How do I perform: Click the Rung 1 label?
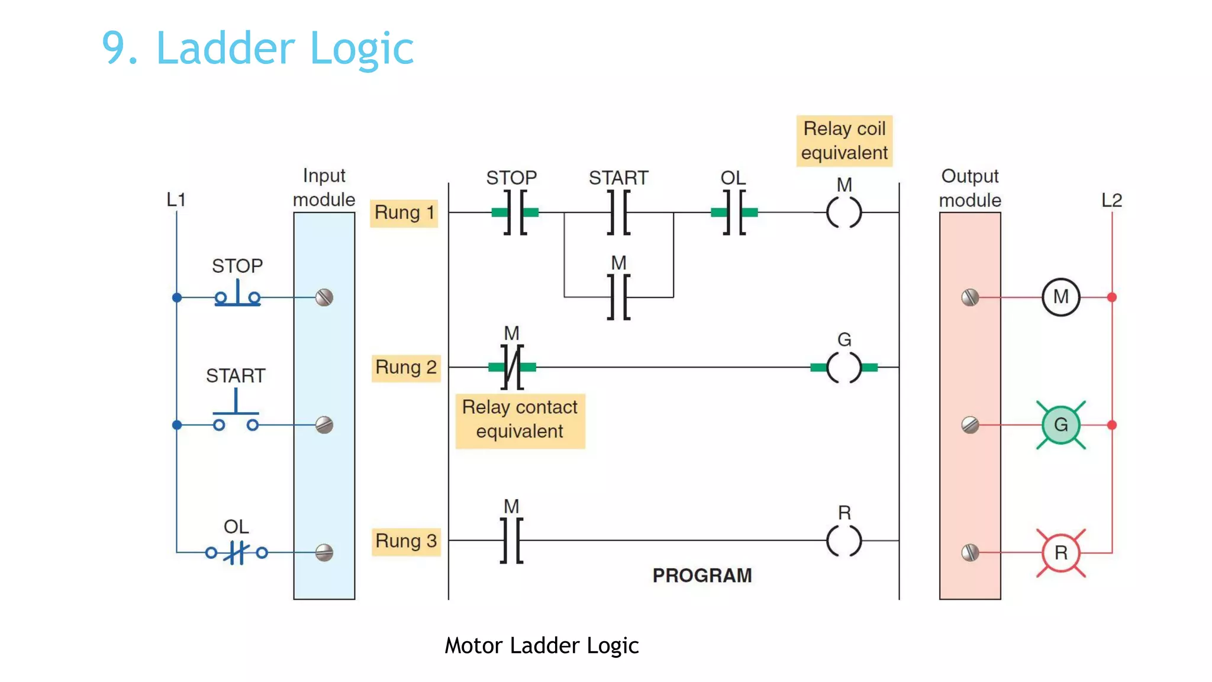404,213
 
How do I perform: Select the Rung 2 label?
406,368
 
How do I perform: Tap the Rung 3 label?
406,541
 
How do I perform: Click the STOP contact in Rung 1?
515,213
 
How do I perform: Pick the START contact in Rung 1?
618,213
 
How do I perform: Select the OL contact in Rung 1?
734,213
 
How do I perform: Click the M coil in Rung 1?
844,213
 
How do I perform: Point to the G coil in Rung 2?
844,368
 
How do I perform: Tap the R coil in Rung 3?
844,541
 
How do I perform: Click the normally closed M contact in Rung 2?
512,368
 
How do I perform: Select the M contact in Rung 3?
512,541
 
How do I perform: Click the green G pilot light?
1060,425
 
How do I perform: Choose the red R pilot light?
1060,553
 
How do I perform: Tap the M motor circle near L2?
1060,297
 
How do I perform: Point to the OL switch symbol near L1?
237,553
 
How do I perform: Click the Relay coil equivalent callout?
844,141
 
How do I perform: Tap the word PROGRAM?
702,575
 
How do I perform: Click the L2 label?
1111,200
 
